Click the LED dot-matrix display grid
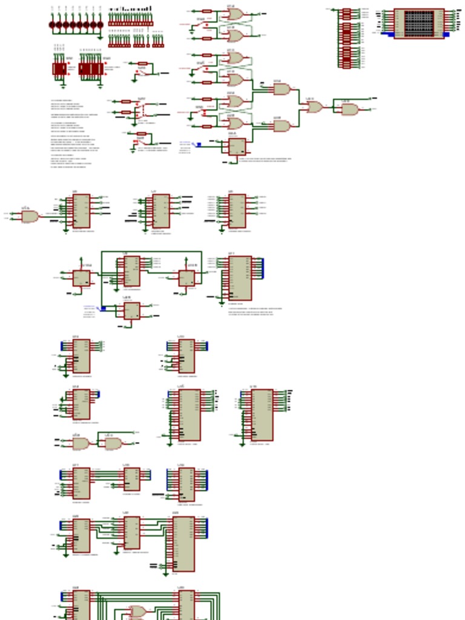coord(419,22)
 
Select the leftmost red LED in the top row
coord(52,25)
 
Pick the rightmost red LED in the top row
coord(100,25)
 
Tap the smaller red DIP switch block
coord(59,68)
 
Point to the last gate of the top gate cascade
coord(349,110)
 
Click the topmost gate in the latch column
coord(235,14)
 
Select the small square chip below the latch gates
coord(237,147)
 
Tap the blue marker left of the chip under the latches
coord(199,145)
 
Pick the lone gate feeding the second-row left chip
coord(29,216)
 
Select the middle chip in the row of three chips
coord(161,211)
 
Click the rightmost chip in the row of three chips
coord(237,211)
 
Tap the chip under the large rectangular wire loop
coord(131,271)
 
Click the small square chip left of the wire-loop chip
coord(81,279)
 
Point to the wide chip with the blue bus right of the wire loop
coord(240,278)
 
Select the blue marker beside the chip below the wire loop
coord(103,309)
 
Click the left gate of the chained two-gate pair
coord(81,443)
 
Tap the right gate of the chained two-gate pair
coord(113,443)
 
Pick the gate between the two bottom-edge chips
coord(137,612)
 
